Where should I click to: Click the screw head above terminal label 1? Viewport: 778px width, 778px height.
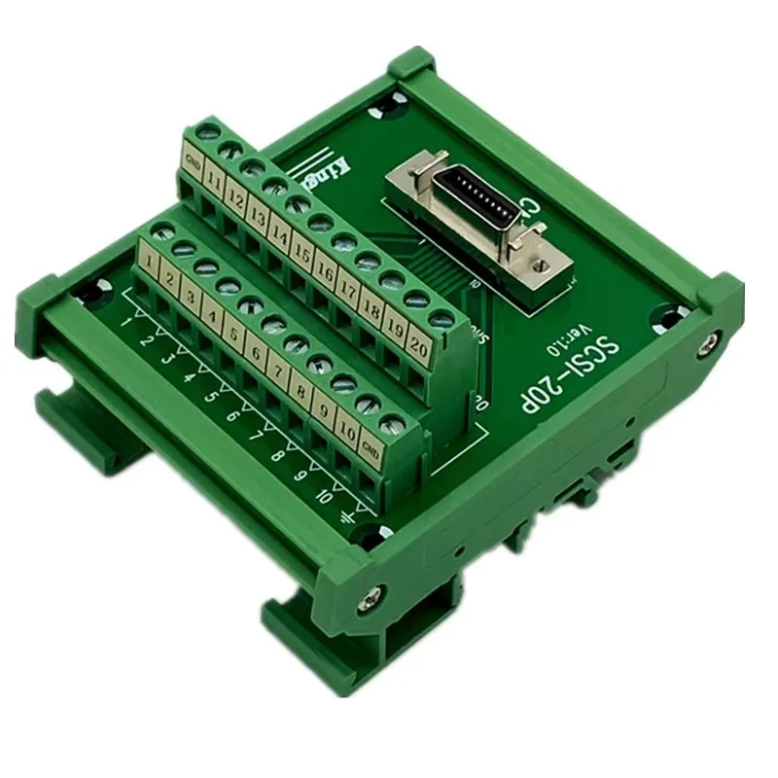pyautogui.click(x=161, y=230)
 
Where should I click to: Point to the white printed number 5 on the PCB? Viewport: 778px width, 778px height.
pyautogui.click(x=207, y=398)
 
